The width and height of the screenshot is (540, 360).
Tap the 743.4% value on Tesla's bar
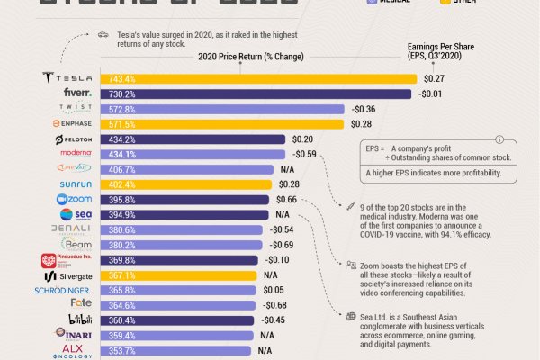(x=119, y=78)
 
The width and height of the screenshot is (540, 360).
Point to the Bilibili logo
(x=75, y=320)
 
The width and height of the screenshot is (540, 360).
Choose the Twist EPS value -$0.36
(x=364, y=109)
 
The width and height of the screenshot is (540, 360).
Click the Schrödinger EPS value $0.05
(x=273, y=291)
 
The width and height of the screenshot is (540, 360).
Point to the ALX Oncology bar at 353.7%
(x=172, y=351)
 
